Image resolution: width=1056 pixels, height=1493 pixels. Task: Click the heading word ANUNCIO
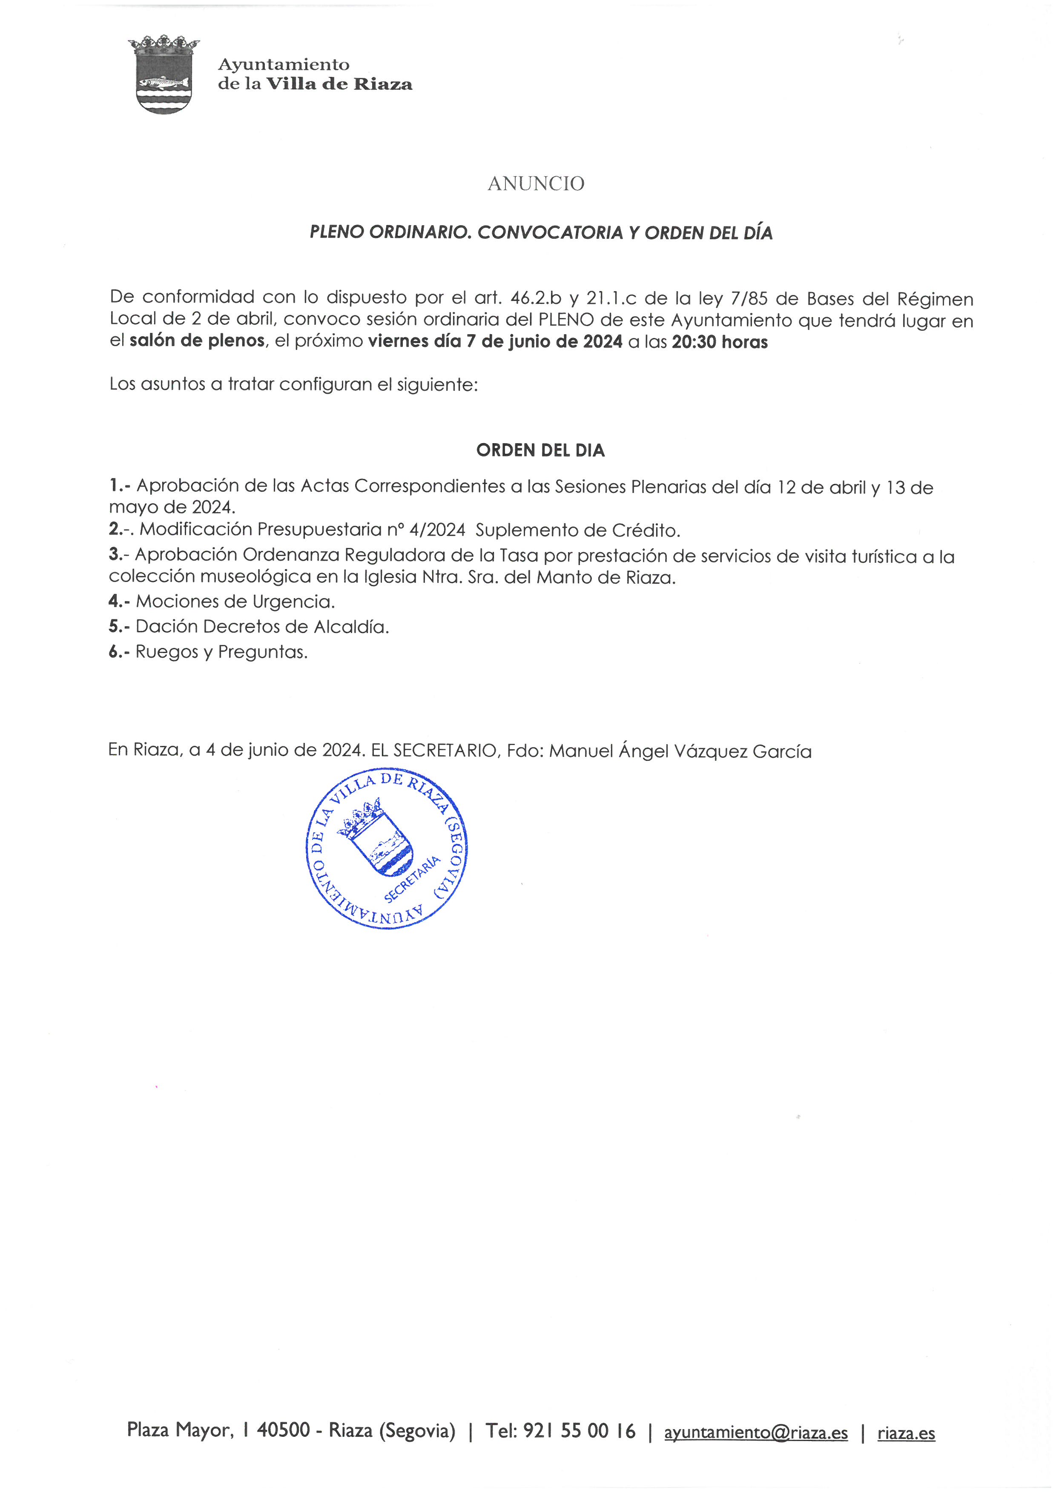pos(536,184)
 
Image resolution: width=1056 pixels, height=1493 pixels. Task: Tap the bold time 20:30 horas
pos(719,342)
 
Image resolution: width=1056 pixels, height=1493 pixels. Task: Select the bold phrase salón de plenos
pos(197,341)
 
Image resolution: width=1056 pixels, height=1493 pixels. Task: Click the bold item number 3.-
pos(119,555)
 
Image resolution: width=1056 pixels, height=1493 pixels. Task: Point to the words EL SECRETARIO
pos(434,751)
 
